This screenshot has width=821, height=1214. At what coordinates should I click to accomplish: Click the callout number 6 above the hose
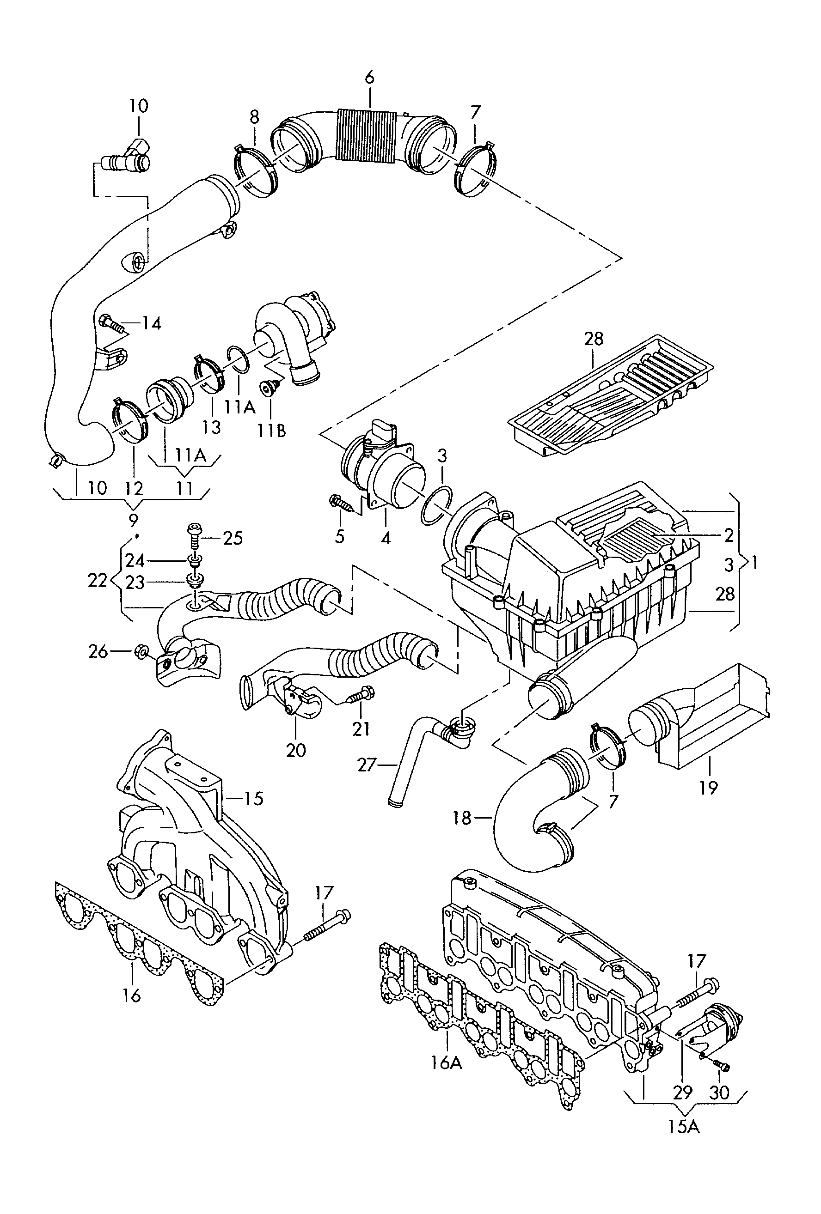(x=369, y=78)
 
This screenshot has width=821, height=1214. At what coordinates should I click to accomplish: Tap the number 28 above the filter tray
(x=593, y=339)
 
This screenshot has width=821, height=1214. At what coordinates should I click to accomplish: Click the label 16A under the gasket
(x=447, y=1062)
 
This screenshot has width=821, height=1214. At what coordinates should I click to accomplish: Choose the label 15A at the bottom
(x=683, y=1127)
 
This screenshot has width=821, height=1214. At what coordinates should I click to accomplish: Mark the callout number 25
(x=233, y=538)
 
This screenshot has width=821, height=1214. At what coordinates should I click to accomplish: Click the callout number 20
(x=296, y=750)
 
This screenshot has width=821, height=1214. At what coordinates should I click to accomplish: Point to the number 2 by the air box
(x=729, y=534)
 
